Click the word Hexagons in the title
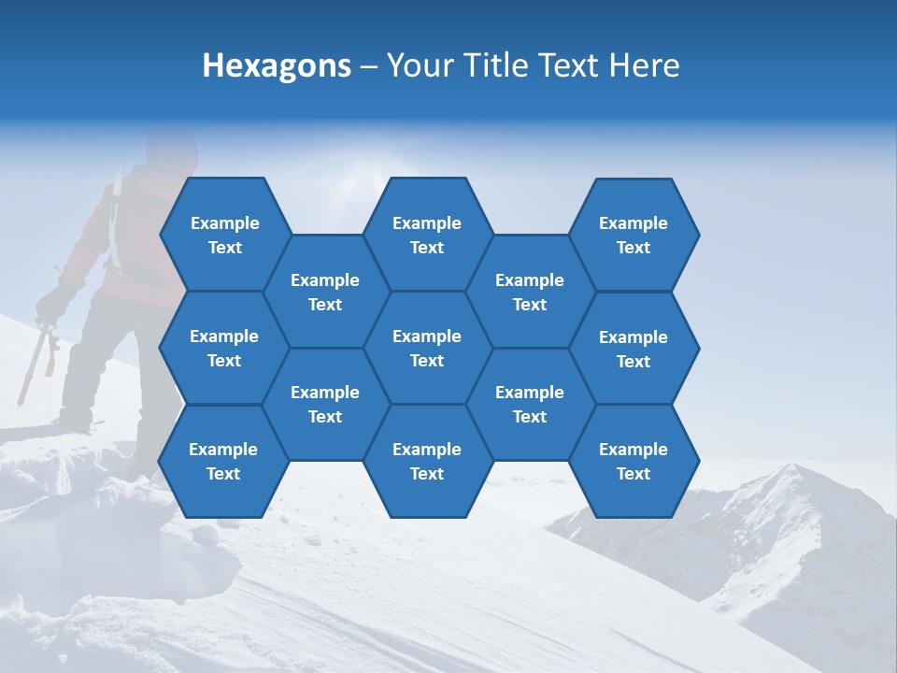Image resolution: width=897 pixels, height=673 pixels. [277, 65]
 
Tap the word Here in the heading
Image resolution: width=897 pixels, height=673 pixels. [644, 65]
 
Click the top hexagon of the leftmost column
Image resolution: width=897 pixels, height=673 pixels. [224, 235]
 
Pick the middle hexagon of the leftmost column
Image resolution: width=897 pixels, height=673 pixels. [224, 348]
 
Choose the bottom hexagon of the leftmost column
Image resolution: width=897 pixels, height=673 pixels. [223, 461]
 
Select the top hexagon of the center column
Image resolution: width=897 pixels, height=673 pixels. [427, 235]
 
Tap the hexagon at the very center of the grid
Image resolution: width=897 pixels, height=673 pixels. [427, 348]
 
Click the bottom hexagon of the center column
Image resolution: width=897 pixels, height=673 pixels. [427, 461]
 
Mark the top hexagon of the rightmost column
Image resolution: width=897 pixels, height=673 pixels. [634, 235]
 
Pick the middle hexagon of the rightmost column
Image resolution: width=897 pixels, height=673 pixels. [634, 349]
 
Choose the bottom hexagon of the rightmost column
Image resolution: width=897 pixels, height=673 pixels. [634, 461]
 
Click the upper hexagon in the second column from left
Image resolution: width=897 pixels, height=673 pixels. [325, 292]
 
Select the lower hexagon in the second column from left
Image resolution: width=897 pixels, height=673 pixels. [325, 404]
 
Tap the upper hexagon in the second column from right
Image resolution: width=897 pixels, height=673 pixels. [530, 292]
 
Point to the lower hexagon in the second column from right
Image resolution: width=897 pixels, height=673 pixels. [530, 404]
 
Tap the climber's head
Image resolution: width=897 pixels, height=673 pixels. [172, 150]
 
